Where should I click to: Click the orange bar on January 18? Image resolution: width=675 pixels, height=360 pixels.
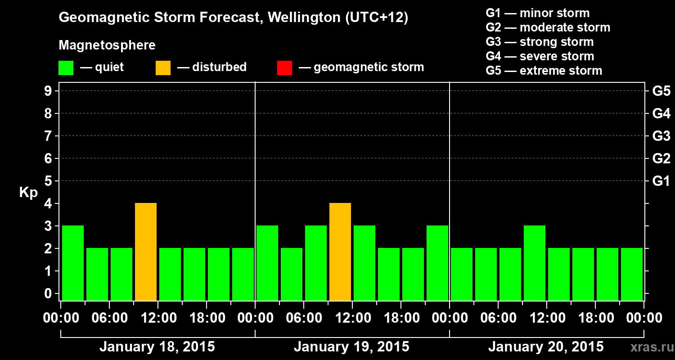click(x=146, y=252)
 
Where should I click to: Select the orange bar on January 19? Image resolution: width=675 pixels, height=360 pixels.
click(x=340, y=252)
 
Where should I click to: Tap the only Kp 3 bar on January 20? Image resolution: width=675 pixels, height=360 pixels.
click(x=535, y=263)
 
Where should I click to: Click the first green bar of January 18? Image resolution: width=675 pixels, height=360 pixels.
click(x=73, y=263)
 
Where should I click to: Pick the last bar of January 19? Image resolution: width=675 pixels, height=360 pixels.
click(x=437, y=263)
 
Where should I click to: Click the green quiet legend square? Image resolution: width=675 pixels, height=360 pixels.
click(x=66, y=68)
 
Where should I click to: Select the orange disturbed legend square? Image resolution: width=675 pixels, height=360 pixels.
click(x=163, y=68)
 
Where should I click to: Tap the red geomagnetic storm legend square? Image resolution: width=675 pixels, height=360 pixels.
click(x=284, y=68)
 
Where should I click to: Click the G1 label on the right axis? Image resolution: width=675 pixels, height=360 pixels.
click(x=661, y=181)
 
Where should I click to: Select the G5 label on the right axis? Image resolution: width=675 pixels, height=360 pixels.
click(x=661, y=91)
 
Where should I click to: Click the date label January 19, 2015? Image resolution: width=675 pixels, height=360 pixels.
click(x=351, y=347)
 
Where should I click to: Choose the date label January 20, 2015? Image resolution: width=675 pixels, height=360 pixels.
click(x=546, y=347)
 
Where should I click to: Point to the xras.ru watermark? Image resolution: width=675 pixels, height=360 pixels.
click(x=651, y=347)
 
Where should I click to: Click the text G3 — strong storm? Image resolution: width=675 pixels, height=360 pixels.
click(x=540, y=42)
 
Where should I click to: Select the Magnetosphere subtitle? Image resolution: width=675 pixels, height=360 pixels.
click(x=107, y=45)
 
